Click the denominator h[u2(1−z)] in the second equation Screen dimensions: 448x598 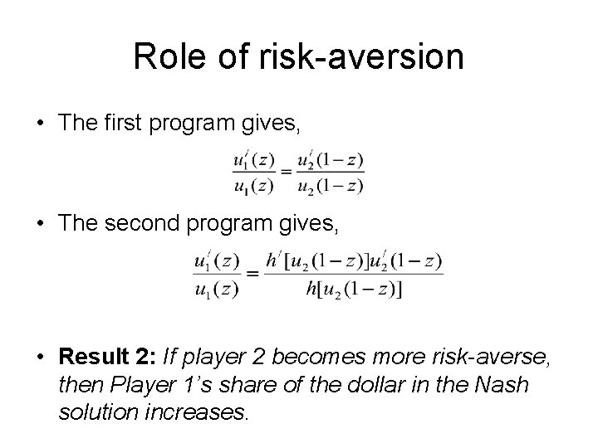353,289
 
